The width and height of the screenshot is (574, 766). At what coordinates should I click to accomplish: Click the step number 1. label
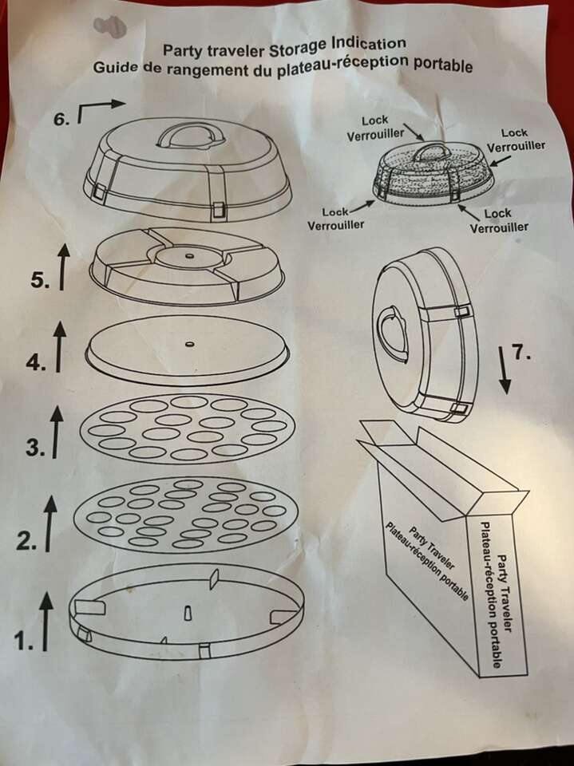[x=23, y=641]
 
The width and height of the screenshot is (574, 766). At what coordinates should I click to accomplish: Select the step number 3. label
[x=36, y=447]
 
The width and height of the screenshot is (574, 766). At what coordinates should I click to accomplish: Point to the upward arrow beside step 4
[x=59, y=347]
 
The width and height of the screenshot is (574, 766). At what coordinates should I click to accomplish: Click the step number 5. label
[x=41, y=280]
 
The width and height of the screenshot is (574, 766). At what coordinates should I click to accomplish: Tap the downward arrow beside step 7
[x=505, y=369]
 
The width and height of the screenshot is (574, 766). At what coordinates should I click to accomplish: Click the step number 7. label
[x=522, y=352]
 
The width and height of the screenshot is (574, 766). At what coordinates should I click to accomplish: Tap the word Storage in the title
[x=299, y=47]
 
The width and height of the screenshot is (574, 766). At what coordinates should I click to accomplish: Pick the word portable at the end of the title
[x=443, y=65]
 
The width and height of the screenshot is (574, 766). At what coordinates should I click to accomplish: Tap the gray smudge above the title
[x=109, y=26]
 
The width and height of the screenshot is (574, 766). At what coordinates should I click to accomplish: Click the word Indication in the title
[x=369, y=43]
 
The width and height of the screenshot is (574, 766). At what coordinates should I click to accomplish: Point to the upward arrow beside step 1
[x=46, y=621]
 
